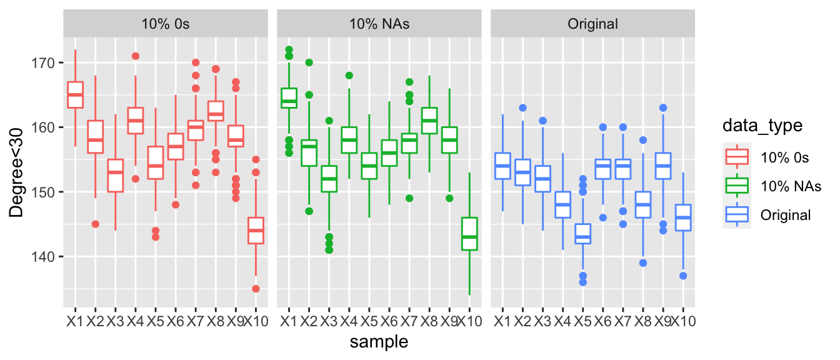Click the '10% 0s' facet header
click(166, 24)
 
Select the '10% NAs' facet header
click(379, 24)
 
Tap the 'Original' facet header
click(592, 24)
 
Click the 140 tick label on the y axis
click(45, 257)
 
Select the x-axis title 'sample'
click(379, 341)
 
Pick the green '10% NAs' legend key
click(736, 186)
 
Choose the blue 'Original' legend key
click(736, 215)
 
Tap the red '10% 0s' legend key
click(736, 157)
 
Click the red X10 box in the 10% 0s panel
click(256, 230)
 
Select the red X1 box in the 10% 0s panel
click(75, 95)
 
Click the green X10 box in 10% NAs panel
click(470, 234)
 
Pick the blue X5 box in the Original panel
click(583, 234)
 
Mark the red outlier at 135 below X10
click(256, 289)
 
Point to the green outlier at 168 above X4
click(349, 76)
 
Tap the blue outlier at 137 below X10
click(684, 276)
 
